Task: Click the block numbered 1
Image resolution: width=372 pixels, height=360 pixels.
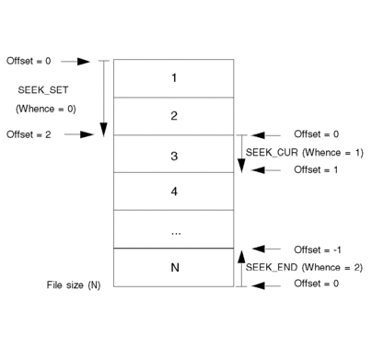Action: coord(173,78)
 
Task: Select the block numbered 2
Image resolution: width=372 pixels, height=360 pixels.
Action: coord(173,116)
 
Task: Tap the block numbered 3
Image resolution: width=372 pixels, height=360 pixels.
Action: coord(173,154)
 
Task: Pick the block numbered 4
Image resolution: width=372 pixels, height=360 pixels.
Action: coord(173,192)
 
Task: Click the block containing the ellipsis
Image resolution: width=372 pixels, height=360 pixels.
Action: coord(173,229)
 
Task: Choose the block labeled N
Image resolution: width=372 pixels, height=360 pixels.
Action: coord(173,267)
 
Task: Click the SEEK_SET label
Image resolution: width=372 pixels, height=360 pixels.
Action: coord(43,90)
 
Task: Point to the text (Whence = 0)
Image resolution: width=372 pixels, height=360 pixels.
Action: coord(46,109)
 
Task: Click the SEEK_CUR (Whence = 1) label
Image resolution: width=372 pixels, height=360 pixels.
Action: coord(305,153)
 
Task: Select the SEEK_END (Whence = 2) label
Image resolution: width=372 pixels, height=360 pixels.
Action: coord(304,267)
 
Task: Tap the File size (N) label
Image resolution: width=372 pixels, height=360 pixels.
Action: coord(74,285)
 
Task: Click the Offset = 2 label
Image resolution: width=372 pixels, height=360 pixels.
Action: coord(29,134)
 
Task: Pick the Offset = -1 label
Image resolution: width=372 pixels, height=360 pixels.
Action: coord(318,250)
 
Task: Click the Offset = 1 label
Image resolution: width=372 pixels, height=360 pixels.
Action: coord(316,169)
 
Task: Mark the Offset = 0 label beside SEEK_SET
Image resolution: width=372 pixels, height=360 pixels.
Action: coord(29,61)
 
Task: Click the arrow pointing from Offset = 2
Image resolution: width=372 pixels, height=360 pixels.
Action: coord(79,134)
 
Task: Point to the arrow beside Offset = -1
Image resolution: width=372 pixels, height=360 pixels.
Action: coord(266,249)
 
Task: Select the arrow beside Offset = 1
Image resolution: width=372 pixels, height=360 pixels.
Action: coord(266,169)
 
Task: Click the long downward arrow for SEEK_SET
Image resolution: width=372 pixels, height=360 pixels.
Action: coord(104,99)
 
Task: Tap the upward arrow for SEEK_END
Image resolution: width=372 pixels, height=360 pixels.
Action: coord(241,269)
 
